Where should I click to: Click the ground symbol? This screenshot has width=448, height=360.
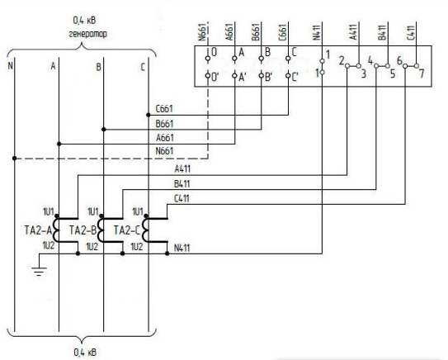[x=39, y=271]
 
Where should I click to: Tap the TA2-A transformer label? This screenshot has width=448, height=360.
[x=38, y=230]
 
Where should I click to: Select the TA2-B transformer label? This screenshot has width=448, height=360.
[x=83, y=230]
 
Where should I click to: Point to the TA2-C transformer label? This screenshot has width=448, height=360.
[x=127, y=230]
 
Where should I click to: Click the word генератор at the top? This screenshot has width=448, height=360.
[x=87, y=34]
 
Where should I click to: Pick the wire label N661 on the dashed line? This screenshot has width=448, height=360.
[x=164, y=151]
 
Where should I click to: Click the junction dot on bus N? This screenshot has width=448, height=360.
[x=15, y=159]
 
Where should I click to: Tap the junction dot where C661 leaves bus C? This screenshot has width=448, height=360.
[x=149, y=115]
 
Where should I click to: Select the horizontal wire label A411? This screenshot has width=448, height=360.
[x=182, y=169]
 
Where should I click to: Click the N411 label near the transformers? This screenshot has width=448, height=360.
[x=182, y=248]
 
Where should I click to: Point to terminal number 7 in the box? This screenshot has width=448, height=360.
[x=422, y=73]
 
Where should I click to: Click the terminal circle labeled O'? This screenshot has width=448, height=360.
[x=208, y=76]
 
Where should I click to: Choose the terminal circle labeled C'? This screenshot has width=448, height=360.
[x=288, y=76]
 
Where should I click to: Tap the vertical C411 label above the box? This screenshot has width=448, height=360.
[x=411, y=33]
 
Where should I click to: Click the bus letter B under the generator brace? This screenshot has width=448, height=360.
[x=98, y=67]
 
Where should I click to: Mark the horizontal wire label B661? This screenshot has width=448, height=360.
[x=164, y=124]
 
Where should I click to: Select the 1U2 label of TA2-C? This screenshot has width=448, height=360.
[x=137, y=247]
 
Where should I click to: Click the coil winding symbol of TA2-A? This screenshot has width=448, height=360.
[x=56, y=230]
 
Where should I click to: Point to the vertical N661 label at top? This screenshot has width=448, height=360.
[x=203, y=32]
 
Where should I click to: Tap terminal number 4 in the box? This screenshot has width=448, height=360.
[x=370, y=60]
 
